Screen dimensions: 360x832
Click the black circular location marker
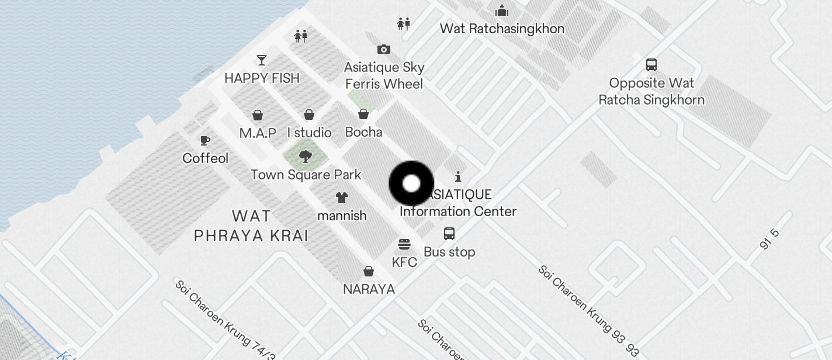(x=411, y=184)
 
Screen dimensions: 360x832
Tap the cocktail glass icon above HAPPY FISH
(x=262, y=60)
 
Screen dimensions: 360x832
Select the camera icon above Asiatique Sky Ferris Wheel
(x=383, y=49)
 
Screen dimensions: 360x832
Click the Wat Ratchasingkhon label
(x=502, y=29)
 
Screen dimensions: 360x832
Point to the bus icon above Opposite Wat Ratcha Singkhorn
(x=651, y=64)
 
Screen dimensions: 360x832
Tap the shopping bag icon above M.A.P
(x=257, y=115)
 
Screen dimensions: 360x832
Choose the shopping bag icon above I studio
(x=309, y=115)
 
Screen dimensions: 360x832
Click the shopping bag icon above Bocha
(x=363, y=114)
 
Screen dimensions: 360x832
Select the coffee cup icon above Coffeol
(x=205, y=140)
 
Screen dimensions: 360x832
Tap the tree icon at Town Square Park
(x=305, y=156)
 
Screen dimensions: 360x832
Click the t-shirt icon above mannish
(x=342, y=198)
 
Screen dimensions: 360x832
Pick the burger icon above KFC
(x=404, y=244)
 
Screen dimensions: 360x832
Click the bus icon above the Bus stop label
(x=449, y=234)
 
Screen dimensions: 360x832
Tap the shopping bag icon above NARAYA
(x=369, y=271)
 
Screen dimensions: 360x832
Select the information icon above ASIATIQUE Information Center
(x=458, y=176)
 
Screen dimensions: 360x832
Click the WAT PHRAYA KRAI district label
(x=251, y=226)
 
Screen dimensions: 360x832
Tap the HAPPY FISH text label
(x=262, y=78)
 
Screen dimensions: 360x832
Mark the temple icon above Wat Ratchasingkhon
(x=502, y=11)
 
